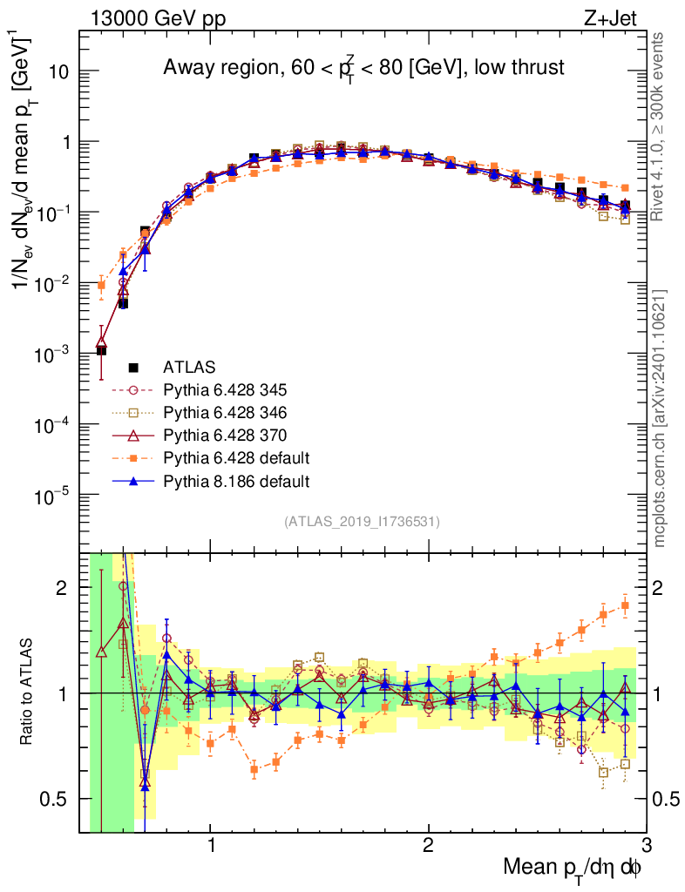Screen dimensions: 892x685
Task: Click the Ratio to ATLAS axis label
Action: tap(29, 693)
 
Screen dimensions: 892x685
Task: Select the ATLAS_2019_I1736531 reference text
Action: tap(362, 522)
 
